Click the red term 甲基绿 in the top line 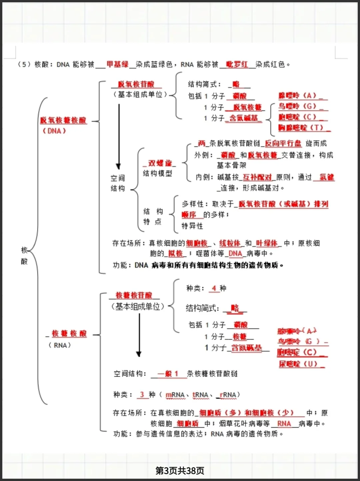(x=117, y=64)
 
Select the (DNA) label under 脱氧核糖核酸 (x=54, y=131)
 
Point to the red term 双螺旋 (x=160, y=163)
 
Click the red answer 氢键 (x=326, y=177)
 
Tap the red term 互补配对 (x=257, y=177)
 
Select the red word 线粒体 (x=230, y=243)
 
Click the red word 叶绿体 (x=267, y=243)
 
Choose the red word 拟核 (x=176, y=253)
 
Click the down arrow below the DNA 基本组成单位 (x=119, y=137)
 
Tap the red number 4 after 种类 (x=214, y=288)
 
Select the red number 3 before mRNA (x=142, y=394)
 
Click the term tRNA (x=200, y=395)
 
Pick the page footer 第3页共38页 (x=180, y=470)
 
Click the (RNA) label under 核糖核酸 (x=60, y=345)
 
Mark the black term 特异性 (x=192, y=226)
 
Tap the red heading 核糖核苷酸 (x=134, y=295)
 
